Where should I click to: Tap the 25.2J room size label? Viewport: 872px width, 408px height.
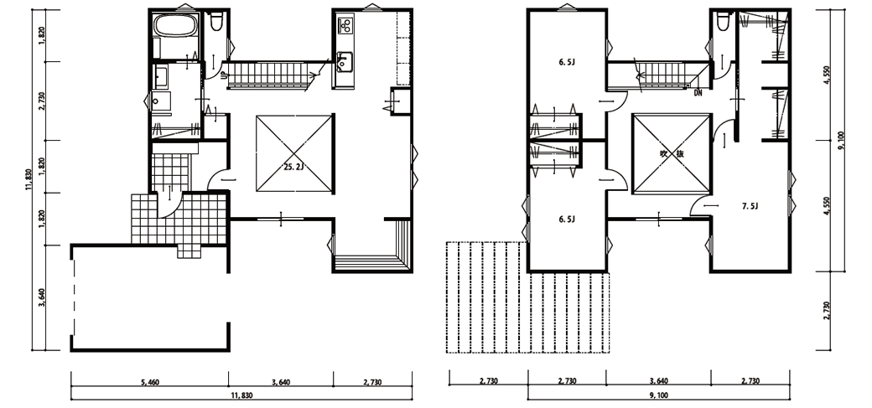[293, 166]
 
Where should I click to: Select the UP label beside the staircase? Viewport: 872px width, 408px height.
[224, 76]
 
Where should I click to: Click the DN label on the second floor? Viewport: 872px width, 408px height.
[698, 93]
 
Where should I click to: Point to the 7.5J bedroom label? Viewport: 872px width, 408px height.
[750, 206]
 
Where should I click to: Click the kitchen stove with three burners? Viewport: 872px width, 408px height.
[345, 25]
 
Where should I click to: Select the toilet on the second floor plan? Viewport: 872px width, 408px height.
[723, 22]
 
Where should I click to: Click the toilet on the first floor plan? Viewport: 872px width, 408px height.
[215, 21]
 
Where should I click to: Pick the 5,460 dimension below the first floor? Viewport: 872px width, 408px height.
[149, 382]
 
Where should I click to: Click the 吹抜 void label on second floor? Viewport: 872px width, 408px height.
[672, 154]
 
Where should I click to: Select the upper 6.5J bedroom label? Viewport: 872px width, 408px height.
[567, 62]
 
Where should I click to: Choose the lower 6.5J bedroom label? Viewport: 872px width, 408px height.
[567, 219]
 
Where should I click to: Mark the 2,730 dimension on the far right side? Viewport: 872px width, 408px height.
[827, 312]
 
